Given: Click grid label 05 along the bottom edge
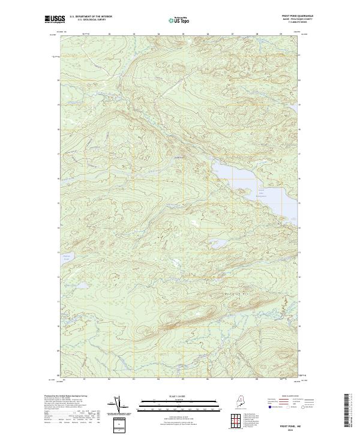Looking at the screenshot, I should click(x=183, y=379).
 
